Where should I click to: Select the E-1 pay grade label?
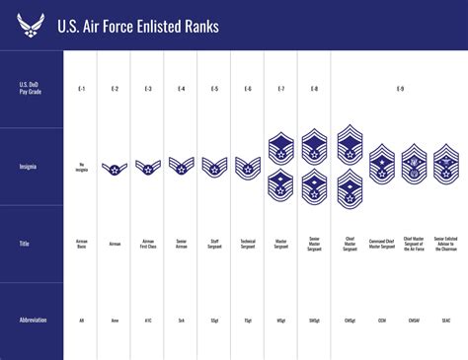point(81,90)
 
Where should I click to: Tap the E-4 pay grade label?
point(181,90)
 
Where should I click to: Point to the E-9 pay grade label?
point(399,90)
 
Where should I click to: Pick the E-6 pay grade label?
point(247,90)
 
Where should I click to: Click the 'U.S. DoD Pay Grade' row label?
point(31,90)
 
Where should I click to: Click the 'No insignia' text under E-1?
point(81,167)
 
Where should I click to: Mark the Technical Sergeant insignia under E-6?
point(247,167)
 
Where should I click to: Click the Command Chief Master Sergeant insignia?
point(382,164)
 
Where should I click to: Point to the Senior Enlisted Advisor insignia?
point(446,164)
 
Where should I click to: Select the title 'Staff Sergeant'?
point(214,243)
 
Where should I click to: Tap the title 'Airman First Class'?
point(148,243)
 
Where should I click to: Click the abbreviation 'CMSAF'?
point(414,321)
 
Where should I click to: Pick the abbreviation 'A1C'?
point(148,321)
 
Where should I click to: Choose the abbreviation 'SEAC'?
point(446,321)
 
